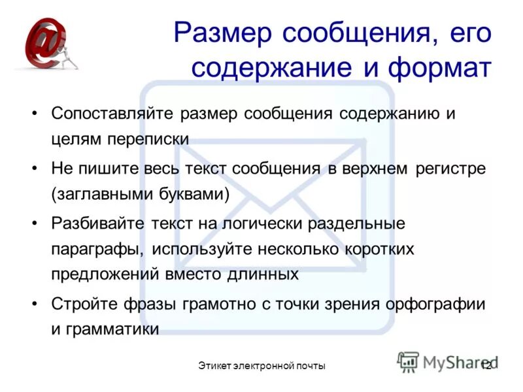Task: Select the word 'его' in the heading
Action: (x=468, y=33)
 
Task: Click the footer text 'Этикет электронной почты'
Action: (x=261, y=366)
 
